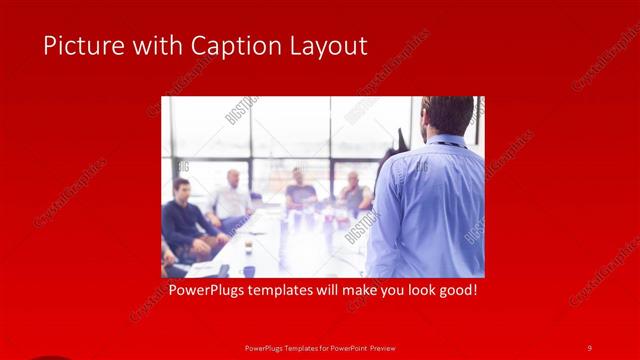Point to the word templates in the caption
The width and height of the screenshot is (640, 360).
288,292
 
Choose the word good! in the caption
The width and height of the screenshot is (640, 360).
454,292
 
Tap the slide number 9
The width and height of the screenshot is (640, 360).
590,347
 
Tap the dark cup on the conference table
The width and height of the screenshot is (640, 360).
249,270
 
